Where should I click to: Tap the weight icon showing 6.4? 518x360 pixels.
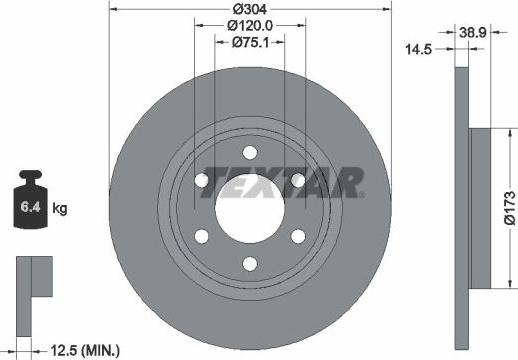(x=31, y=207)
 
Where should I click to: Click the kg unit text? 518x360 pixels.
(x=61, y=209)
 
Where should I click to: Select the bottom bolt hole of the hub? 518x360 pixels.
(x=249, y=265)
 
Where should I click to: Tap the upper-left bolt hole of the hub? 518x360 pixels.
(x=201, y=180)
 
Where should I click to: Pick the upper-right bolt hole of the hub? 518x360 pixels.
(x=297, y=180)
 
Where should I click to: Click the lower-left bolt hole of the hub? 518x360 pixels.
(x=201, y=236)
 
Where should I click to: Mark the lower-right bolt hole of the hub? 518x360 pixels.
(x=297, y=236)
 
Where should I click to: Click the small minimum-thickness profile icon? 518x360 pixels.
(x=33, y=277)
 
